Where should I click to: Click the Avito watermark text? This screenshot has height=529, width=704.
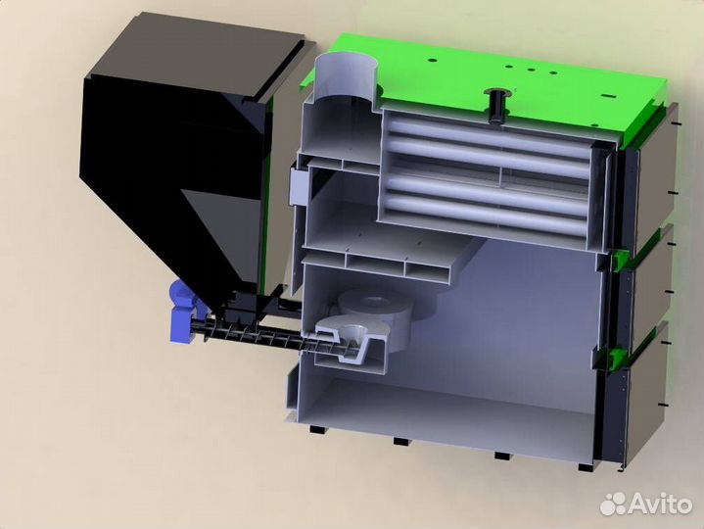click(x=661, y=505)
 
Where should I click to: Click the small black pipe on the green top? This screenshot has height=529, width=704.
click(x=496, y=106)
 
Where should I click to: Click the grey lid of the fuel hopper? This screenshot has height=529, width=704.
click(x=198, y=54)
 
